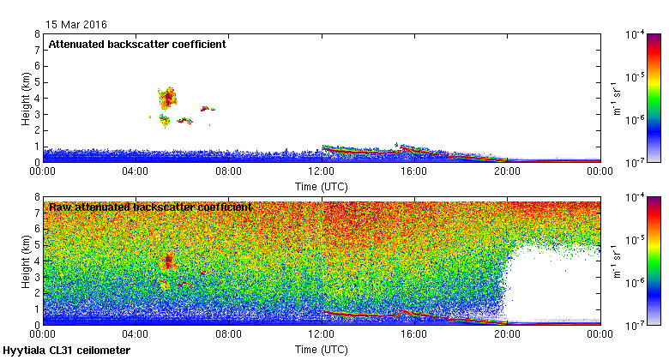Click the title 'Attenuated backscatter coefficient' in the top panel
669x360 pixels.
[x=137, y=44]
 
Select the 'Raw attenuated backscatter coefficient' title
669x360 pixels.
[x=150, y=207]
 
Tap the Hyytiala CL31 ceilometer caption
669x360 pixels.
[x=67, y=351]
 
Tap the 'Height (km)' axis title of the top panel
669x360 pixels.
[x=27, y=97]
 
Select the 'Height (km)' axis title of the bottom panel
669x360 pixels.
[x=27, y=261]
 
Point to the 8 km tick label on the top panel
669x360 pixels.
[x=37, y=34]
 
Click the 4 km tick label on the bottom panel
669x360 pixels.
[x=37, y=261]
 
